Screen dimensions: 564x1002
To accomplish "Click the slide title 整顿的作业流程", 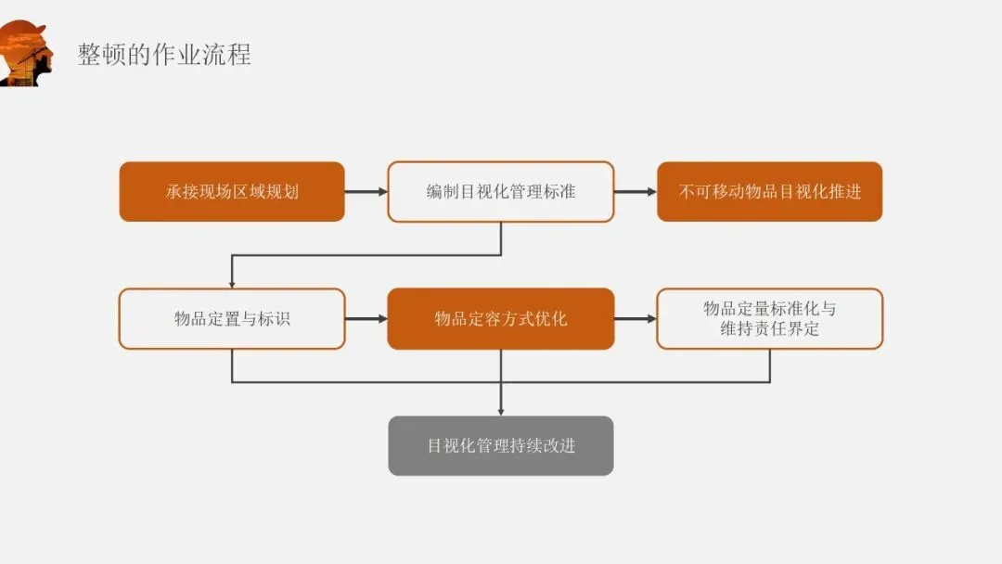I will pyautogui.click(x=164, y=54).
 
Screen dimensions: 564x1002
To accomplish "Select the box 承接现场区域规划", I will pyautogui.click(x=232, y=192).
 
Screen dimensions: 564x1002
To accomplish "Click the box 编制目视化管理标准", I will pyautogui.click(x=501, y=192).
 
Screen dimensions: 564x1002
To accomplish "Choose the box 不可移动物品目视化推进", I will pyautogui.click(x=769, y=192).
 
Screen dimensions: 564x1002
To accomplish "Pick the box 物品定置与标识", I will pyautogui.click(x=232, y=319).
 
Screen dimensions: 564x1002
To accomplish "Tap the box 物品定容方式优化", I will pyautogui.click(x=501, y=319).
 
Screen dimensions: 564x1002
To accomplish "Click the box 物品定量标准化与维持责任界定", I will pyautogui.click(x=769, y=319).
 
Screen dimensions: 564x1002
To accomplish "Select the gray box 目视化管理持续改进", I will pyautogui.click(x=501, y=446).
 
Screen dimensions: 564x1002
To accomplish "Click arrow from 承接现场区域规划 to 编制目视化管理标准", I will pyautogui.click(x=366, y=192).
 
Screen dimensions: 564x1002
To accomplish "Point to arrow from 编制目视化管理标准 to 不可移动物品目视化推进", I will pyautogui.click(x=635, y=192).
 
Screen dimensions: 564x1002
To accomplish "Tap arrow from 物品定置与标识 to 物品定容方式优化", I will pyautogui.click(x=366, y=319).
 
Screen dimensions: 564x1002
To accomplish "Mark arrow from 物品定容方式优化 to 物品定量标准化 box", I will pyautogui.click(x=635, y=319).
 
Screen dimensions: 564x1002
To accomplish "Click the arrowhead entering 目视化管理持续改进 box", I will pyautogui.click(x=501, y=410).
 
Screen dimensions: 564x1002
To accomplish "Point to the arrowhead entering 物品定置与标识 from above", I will pyautogui.click(x=232, y=283).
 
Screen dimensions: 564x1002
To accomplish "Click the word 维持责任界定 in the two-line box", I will pyautogui.click(x=769, y=329).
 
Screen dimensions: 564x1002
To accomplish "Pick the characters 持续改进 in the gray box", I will pyautogui.click(x=543, y=446).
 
